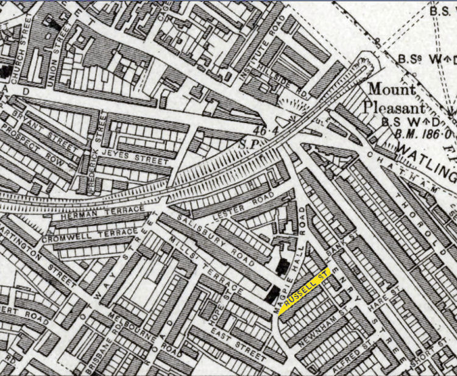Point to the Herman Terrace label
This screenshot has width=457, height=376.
[100, 213]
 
